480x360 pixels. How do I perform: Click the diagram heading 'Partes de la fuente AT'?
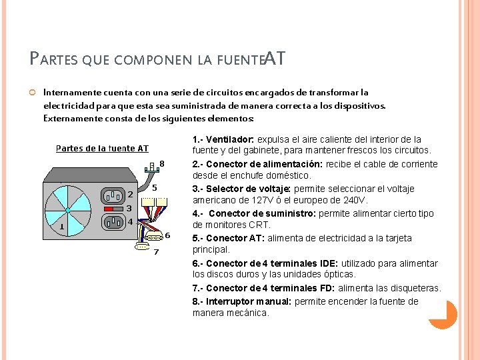point(102,148)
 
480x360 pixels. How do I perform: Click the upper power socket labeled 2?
point(113,196)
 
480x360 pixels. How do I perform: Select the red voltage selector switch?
point(114,209)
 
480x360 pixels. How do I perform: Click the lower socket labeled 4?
point(113,221)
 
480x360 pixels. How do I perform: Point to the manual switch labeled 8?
point(153,166)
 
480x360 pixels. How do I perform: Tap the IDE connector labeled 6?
point(154,237)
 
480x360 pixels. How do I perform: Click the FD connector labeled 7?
point(142,247)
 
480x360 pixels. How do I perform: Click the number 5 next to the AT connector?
point(154,188)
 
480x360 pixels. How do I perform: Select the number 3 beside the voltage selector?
point(129,208)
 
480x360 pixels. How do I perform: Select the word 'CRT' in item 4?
point(259,225)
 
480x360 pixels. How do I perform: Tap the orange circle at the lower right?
point(443,314)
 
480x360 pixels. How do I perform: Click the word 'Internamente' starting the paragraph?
point(69,93)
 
